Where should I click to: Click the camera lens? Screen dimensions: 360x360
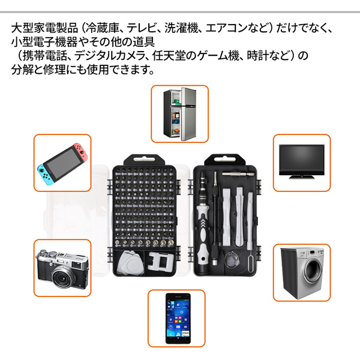point(62,278)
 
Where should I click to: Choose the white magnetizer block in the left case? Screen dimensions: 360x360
point(160,262)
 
